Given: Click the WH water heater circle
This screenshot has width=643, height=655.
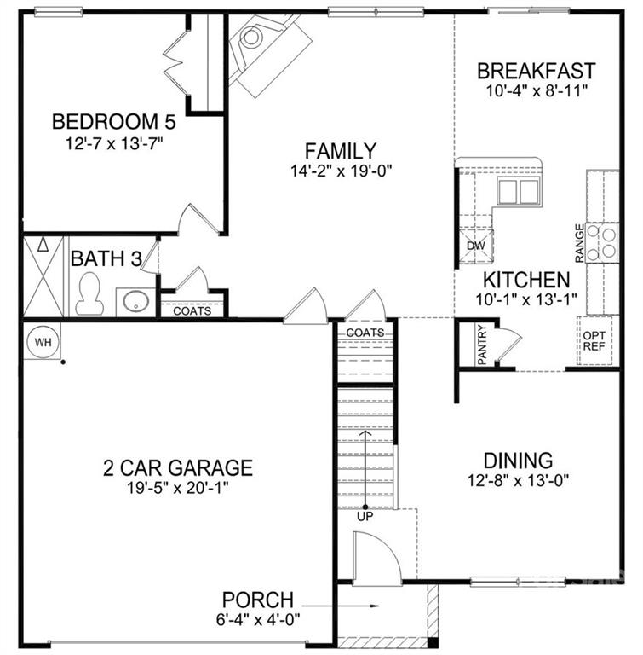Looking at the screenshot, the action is click(43, 342).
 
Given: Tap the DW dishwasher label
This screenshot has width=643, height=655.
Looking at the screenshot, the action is click(476, 246).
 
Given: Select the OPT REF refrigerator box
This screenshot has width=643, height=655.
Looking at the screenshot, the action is click(594, 340).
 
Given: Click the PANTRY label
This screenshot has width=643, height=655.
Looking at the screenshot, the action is click(482, 345).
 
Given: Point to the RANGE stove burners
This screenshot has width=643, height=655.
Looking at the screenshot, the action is click(602, 242).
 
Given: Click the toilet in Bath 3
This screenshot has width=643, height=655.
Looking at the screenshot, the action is click(89, 293).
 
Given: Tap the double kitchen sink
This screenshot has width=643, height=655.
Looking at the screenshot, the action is click(519, 191).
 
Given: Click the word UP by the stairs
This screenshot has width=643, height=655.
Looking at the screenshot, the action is click(365, 517).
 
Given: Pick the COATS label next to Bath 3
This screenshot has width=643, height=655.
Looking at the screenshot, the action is click(192, 311).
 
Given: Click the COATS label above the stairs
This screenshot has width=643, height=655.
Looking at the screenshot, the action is click(365, 333).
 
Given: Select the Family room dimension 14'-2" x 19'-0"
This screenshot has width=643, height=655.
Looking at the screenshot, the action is click(342, 171).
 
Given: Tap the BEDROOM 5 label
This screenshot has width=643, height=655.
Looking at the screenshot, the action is click(114, 122).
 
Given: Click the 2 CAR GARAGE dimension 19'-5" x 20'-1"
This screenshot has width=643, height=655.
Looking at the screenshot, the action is click(178, 488).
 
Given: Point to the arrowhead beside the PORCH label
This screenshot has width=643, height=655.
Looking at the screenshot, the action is click(375, 606).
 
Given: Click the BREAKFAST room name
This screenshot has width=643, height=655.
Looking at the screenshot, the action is click(537, 71).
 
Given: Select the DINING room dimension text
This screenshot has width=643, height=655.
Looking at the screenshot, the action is click(519, 480).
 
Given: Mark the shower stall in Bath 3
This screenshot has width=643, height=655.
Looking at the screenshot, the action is click(43, 276).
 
